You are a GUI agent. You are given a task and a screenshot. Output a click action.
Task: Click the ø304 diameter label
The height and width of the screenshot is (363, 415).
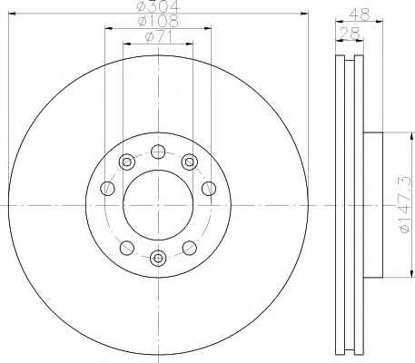pyautogui.click(x=158, y=6)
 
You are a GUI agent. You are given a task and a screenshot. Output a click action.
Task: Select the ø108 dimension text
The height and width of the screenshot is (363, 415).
pyautogui.click(x=158, y=21)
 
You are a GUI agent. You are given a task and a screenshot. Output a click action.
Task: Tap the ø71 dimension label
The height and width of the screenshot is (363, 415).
pyautogui.click(x=159, y=36)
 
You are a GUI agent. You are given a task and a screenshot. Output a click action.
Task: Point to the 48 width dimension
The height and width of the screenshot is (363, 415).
pyautogui.click(x=360, y=14)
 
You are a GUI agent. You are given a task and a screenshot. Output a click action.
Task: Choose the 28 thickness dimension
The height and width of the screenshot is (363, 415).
pyautogui.click(x=350, y=33)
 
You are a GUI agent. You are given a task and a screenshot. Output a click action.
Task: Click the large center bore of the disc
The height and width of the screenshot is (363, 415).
pyautogui.click(x=158, y=205)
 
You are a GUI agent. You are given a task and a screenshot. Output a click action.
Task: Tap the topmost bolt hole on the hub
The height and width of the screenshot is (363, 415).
pyautogui.click(x=158, y=152)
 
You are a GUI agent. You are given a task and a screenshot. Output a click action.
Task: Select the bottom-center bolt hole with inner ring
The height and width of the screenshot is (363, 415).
pyautogui.click(x=158, y=258)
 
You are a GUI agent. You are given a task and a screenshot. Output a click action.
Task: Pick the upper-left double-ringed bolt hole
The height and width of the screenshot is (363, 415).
pyautogui.click(x=127, y=162)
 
